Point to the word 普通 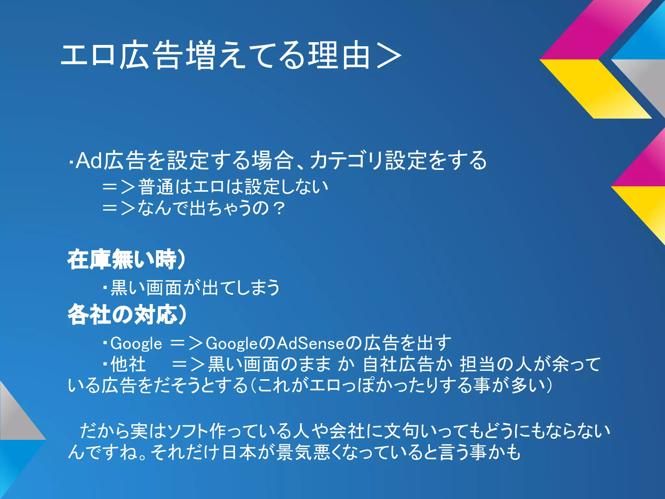point(156,187)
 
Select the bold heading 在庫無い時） point(127,260)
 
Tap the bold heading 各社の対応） point(127,314)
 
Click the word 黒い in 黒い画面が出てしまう point(128,288)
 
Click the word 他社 point(128,364)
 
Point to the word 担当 point(477,364)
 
